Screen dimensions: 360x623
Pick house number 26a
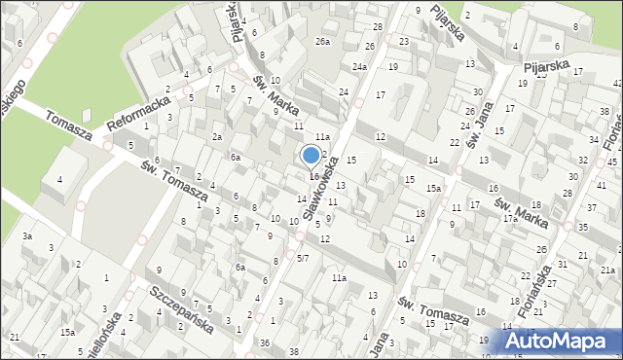tap(322, 42)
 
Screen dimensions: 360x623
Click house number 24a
tap(359, 67)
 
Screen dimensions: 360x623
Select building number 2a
tap(217, 137)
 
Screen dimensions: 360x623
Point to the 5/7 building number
tap(303, 258)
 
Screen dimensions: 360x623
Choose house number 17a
tap(509, 219)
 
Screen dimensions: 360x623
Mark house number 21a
tap(607, 270)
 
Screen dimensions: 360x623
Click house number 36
tap(265, 342)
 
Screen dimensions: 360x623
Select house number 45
tap(613, 161)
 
